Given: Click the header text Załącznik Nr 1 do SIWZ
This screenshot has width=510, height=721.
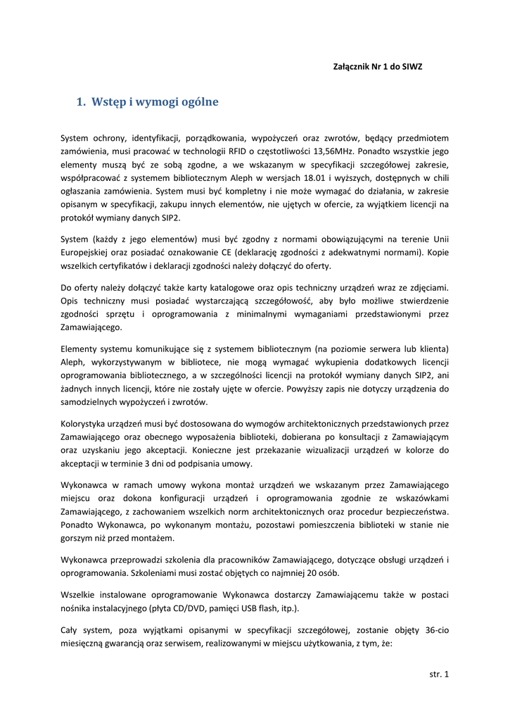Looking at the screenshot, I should (x=377, y=66).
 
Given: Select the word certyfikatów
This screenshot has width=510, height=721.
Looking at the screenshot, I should (x=117, y=266).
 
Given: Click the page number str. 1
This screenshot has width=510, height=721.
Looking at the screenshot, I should (x=438, y=674).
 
